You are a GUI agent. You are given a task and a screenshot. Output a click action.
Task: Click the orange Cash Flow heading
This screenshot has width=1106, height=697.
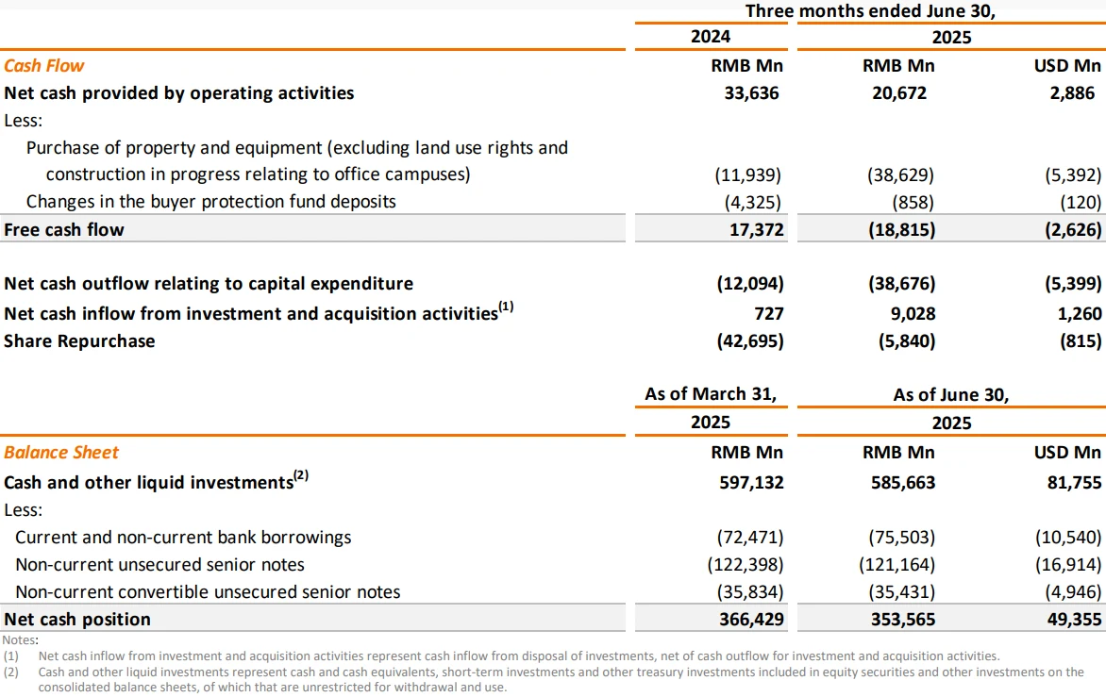(x=43, y=65)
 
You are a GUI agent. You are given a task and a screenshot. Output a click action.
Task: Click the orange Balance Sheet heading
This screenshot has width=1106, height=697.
(x=61, y=453)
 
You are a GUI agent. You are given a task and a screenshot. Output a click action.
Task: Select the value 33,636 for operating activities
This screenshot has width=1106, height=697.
(x=751, y=93)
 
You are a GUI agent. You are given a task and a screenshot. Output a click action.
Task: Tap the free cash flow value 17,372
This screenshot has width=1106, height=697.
(x=756, y=230)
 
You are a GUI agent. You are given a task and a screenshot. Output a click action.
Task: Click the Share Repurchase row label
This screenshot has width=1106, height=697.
(x=79, y=341)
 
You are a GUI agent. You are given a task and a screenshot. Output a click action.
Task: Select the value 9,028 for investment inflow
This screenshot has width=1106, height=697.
(x=913, y=314)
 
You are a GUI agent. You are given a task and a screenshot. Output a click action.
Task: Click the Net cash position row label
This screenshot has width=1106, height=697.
(x=76, y=620)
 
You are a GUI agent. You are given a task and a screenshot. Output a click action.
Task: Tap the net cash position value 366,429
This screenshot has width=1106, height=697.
(x=751, y=620)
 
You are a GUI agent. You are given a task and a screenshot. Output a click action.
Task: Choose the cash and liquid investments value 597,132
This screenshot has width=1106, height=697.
(x=751, y=483)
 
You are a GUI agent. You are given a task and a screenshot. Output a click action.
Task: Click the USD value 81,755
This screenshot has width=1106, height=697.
(x=1074, y=483)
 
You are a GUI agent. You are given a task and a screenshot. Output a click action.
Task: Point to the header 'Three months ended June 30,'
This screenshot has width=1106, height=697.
(x=870, y=11)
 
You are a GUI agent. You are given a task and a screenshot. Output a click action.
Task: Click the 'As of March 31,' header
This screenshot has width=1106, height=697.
(x=711, y=394)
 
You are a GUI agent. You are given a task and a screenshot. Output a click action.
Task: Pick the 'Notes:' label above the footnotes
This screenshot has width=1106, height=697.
(x=21, y=639)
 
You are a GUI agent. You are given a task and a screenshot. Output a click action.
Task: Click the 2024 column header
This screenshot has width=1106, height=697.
(x=711, y=37)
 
